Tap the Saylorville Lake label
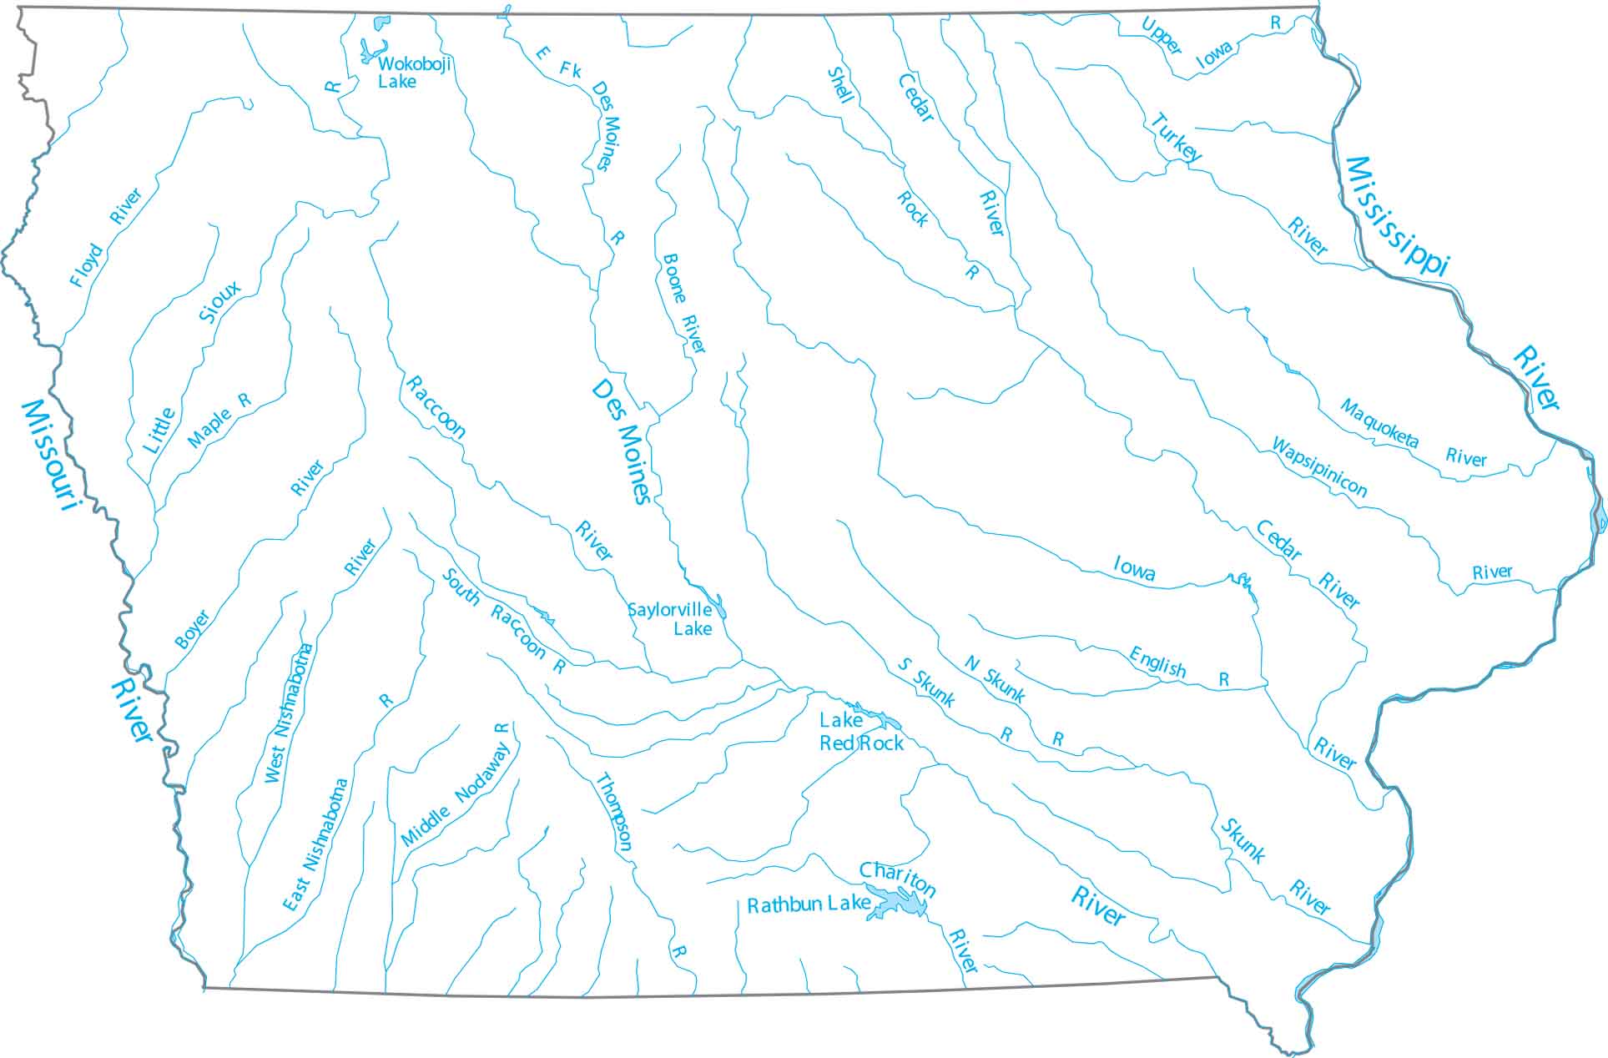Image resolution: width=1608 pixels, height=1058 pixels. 671,618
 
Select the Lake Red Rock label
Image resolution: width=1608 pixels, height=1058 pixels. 861,732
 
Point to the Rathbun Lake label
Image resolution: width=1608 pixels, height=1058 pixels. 808,905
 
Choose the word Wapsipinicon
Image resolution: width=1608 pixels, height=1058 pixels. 1318,466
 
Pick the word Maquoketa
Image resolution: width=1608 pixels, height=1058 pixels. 1379,423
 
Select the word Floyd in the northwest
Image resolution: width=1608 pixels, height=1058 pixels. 86,266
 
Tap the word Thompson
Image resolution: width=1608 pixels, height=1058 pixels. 613,812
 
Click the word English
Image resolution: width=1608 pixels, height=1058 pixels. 1157,662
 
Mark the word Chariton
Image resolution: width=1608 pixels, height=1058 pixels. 898,879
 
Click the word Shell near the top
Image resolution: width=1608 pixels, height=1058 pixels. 840,85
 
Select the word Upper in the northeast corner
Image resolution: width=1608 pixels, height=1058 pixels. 1162,37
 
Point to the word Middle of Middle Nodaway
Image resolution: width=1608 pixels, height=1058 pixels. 426,824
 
